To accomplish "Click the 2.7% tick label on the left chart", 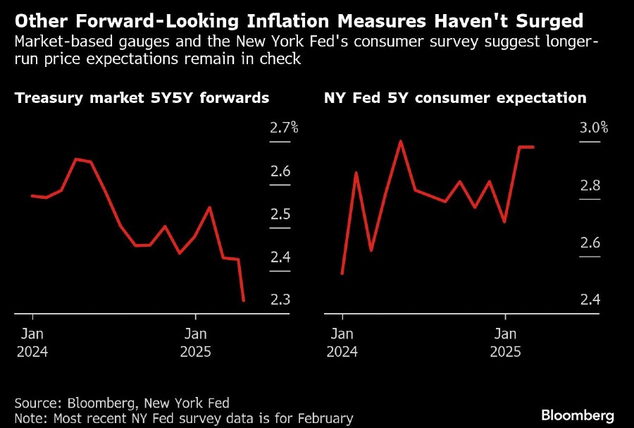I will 284,128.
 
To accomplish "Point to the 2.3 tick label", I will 280,300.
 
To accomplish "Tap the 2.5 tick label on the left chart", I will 280,214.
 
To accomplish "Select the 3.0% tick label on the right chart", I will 593,128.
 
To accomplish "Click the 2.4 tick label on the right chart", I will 590,300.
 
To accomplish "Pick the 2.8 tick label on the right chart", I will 590,185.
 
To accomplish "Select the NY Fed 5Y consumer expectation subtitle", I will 455,98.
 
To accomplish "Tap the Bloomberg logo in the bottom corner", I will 578,415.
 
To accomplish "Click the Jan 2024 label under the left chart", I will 32,342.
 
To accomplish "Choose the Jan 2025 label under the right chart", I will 505,342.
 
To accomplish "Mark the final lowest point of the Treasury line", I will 244,301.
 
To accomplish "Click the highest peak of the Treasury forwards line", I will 77,159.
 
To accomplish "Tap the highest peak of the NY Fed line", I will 400,141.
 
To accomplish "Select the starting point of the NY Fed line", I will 342,274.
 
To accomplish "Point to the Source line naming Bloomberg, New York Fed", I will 122,403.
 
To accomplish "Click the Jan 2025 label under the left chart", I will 195,342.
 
